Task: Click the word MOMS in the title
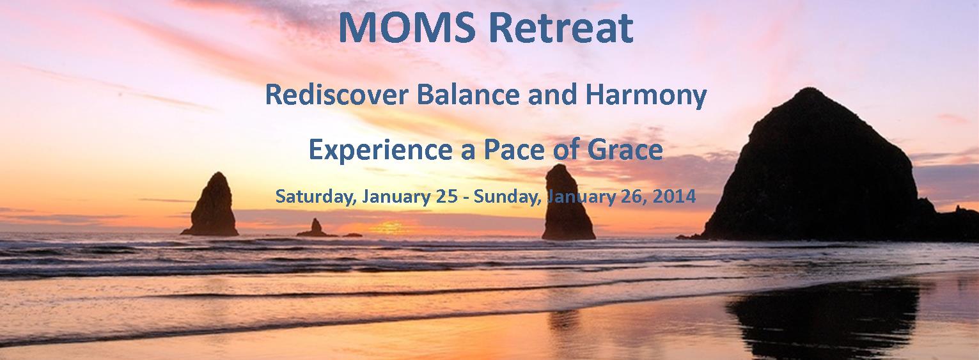click(x=407, y=28)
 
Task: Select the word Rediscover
click(x=336, y=95)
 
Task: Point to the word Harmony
click(x=646, y=96)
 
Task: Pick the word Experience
click(x=380, y=150)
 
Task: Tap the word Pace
click(x=514, y=150)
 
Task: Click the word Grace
click(x=625, y=150)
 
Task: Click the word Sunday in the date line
click(x=508, y=196)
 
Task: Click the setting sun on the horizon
click(x=388, y=227)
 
